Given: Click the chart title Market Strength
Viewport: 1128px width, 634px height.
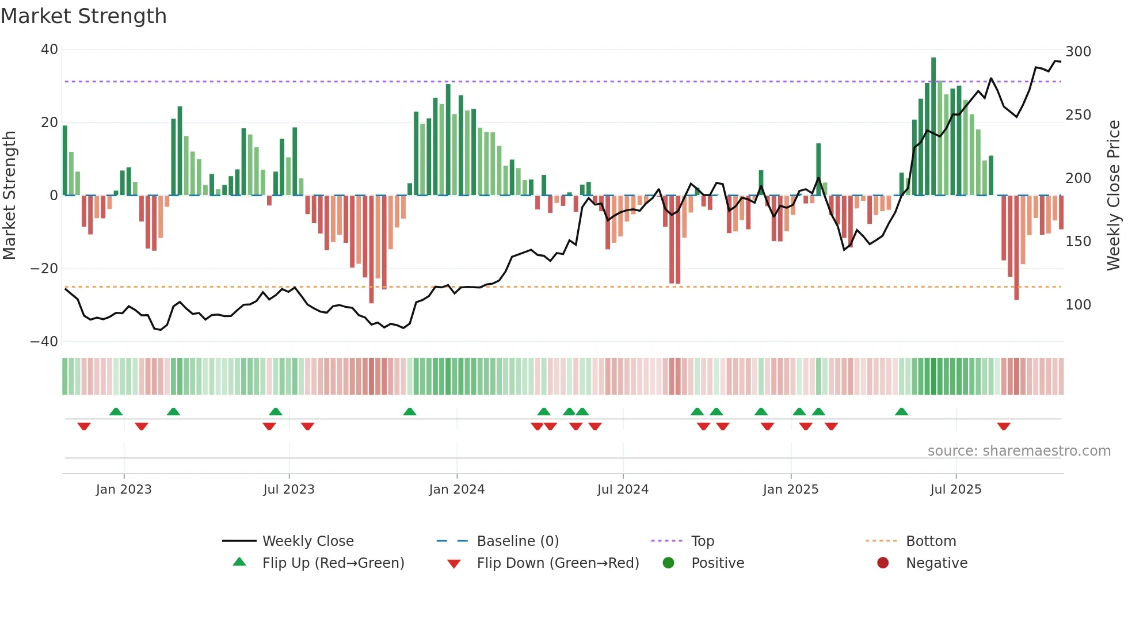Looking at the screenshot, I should click(x=83, y=16).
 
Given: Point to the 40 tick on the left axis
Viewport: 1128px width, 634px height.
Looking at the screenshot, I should click(x=49, y=49).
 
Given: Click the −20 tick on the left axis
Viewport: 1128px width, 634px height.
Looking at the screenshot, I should click(x=44, y=269).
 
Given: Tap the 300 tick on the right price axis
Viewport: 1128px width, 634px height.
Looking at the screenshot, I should click(x=1078, y=52).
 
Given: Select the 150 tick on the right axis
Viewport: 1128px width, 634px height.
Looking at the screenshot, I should click(x=1078, y=242).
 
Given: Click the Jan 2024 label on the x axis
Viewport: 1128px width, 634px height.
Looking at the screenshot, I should click(x=457, y=490).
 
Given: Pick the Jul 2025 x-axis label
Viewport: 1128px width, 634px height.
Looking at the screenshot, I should click(x=956, y=490).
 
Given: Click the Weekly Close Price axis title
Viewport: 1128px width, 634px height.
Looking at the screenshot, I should click(x=1114, y=196).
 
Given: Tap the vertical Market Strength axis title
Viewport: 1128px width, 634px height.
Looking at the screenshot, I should click(x=9, y=196).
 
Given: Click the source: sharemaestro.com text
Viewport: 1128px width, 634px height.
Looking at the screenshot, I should click(x=1019, y=451).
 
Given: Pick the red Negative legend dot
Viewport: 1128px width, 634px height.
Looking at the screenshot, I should click(x=883, y=563).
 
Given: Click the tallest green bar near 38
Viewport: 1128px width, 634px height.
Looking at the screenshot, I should click(x=933, y=127).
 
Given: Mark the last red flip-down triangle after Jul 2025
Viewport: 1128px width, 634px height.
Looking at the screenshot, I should click(x=1004, y=426).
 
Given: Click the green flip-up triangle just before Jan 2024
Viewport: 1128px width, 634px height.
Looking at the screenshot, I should click(x=410, y=411).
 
